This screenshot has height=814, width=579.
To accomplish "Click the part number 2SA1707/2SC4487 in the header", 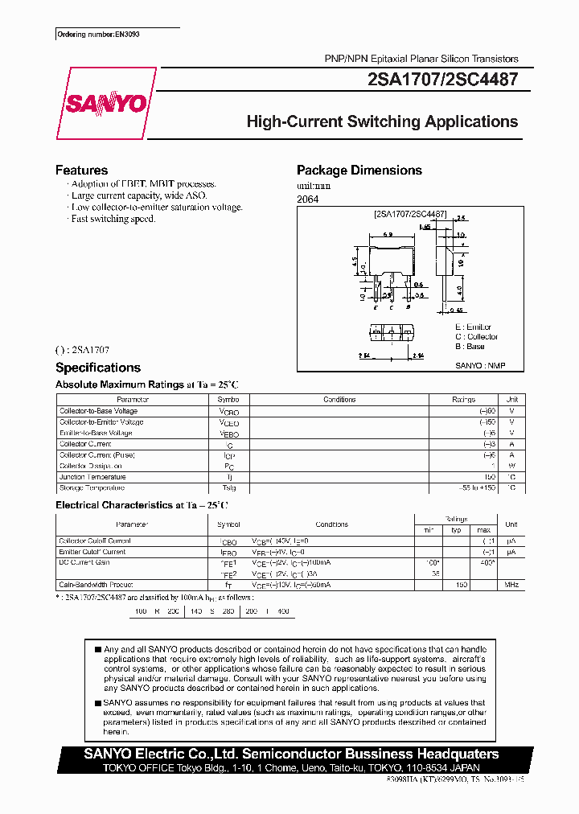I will coord(441,80).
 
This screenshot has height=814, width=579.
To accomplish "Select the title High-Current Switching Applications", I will coord(381,122).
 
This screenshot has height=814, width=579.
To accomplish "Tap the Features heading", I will coord(81,171).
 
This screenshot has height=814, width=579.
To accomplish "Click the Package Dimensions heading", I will coord(359,171).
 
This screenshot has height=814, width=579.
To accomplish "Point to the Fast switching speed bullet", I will coord(113,219).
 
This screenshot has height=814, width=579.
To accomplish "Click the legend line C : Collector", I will coord(476,337).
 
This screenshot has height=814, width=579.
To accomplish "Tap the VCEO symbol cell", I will coord(229,422).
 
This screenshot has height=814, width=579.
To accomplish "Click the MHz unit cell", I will coord(511,585).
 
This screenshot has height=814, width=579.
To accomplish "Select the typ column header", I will coord(455,530).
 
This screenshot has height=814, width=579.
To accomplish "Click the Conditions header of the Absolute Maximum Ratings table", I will coord(339,400).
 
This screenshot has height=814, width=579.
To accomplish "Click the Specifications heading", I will coord(97,368).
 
